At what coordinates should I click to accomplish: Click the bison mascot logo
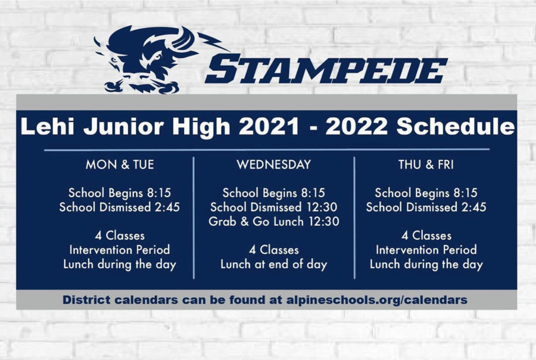(x=154, y=60)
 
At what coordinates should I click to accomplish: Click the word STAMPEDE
(x=326, y=70)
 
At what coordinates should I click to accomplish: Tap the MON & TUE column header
(x=120, y=165)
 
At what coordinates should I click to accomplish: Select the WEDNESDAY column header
(x=274, y=165)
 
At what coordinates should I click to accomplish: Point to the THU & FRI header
(x=426, y=165)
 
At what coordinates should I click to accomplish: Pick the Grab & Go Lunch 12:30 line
(x=274, y=221)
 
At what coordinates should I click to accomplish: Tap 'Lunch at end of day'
(x=274, y=264)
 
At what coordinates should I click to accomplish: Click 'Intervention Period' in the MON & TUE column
(x=120, y=250)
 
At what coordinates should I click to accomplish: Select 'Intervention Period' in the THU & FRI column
(x=426, y=250)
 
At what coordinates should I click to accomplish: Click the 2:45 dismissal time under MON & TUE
(x=167, y=207)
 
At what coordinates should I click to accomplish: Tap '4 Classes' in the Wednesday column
(x=274, y=250)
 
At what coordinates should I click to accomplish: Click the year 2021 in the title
(x=269, y=126)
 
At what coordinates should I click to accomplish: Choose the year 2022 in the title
(x=357, y=126)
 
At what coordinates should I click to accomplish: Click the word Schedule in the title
(x=456, y=126)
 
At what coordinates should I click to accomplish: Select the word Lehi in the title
(x=49, y=126)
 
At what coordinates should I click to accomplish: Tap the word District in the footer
(x=86, y=300)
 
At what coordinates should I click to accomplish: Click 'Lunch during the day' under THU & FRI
(x=426, y=264)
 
